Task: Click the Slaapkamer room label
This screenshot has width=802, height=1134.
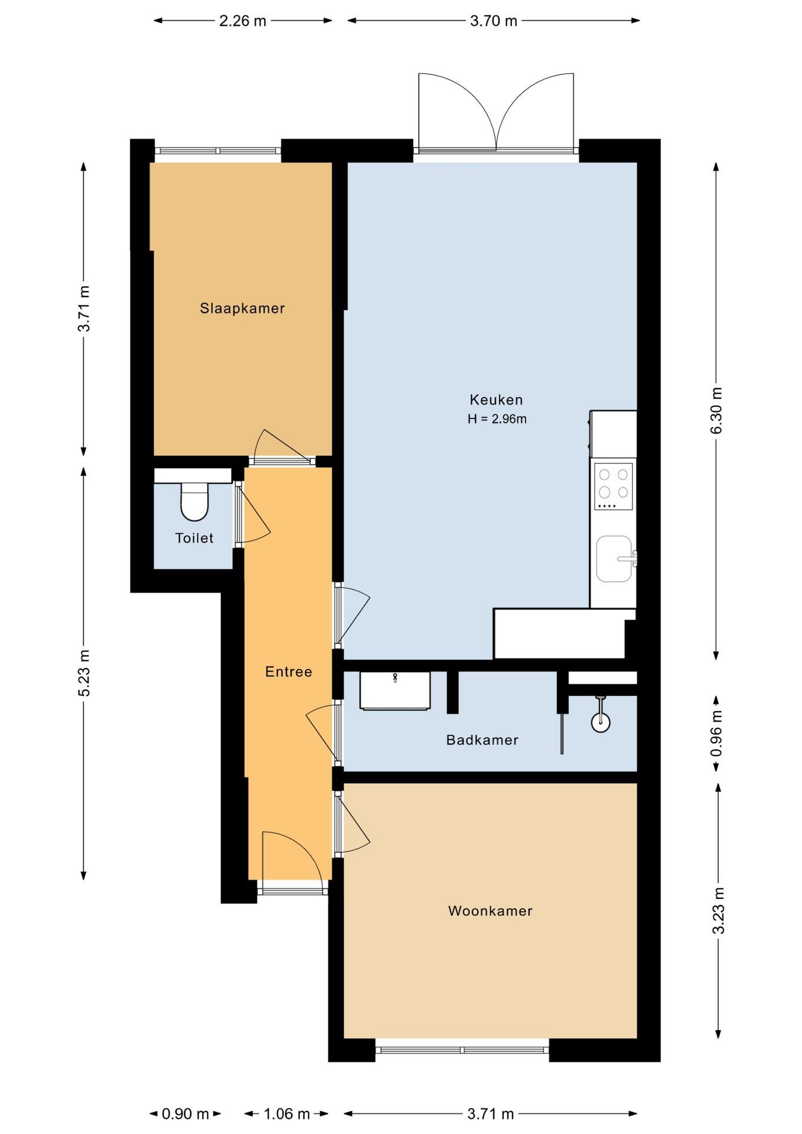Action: [242, 308]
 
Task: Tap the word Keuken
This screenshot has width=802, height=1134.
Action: [496, 400]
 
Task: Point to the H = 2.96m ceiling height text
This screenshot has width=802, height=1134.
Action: [497, 419]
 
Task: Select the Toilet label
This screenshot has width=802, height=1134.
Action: [194, 538]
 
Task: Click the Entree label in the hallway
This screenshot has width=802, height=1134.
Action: [288, 672]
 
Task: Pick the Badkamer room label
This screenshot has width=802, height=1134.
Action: [482, 740]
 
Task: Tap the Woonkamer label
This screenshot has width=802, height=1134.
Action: [490, 911]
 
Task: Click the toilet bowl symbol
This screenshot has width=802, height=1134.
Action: [194, 501]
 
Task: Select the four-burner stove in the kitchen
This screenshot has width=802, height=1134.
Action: [614, 486]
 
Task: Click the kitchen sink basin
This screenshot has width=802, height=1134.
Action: [614, 559]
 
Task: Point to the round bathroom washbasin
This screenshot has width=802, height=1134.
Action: [601, 722]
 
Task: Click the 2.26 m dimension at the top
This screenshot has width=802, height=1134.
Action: [243, 21]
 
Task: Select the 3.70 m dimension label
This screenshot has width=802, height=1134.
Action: [493, 21]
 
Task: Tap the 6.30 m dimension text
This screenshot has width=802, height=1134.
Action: [716, 410]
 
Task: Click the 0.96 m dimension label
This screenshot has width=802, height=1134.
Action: [716, 733]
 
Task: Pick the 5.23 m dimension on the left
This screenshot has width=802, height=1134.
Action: [84, 673]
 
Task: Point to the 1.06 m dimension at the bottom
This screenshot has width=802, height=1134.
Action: [286, 1114]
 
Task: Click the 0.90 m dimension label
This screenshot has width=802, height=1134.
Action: [185, 1114]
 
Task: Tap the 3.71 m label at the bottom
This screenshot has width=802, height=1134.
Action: [491, 1114]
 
